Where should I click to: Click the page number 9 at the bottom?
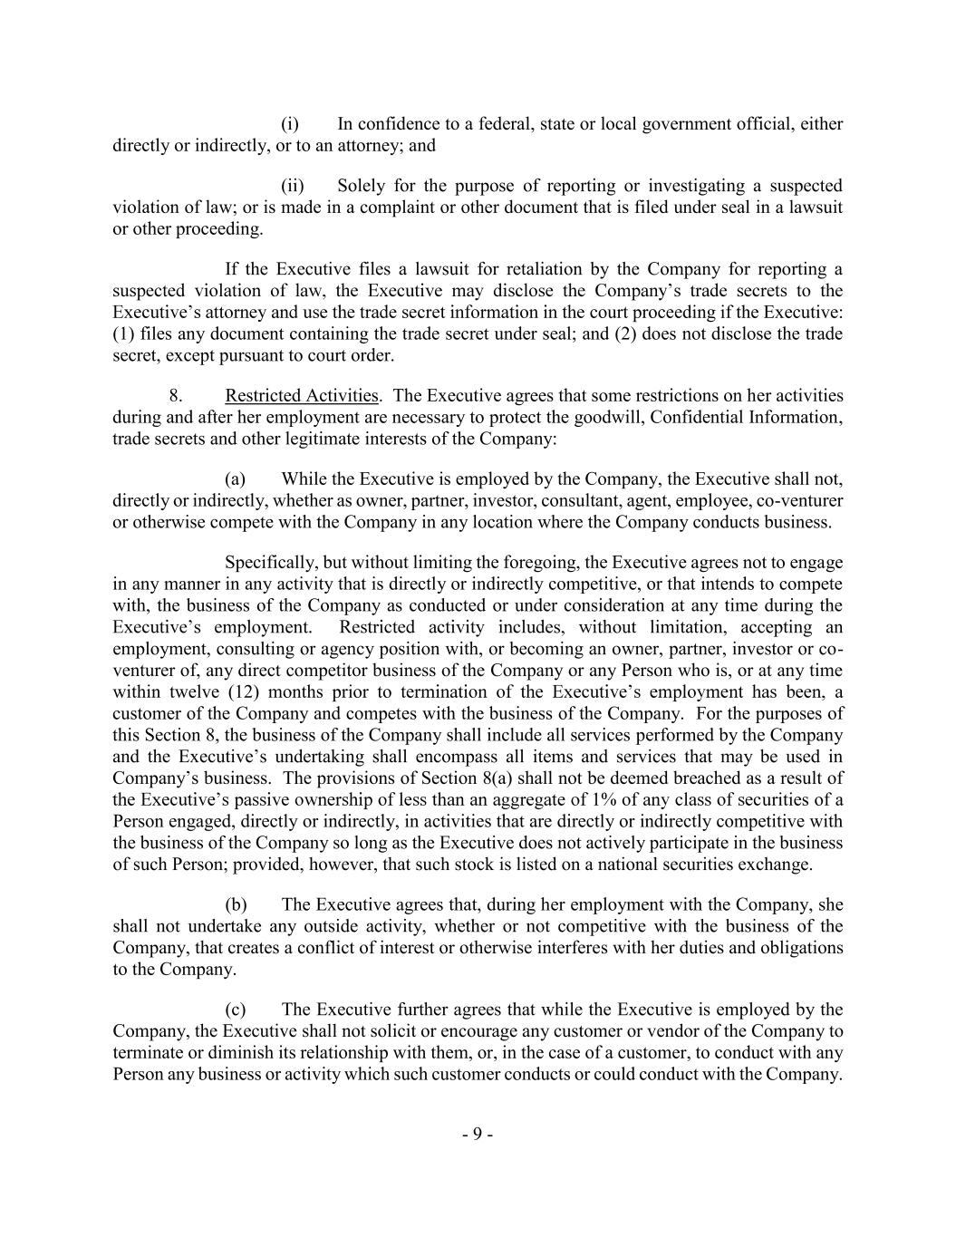click(477, 1135)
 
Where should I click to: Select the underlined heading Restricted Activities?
click(302, 396)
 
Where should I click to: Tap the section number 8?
click(176, 396)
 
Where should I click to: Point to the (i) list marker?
click(290, 124)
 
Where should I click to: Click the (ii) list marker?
click(292, 186)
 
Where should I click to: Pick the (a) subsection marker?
click(236, 478)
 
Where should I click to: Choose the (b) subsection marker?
click(236, 904)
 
